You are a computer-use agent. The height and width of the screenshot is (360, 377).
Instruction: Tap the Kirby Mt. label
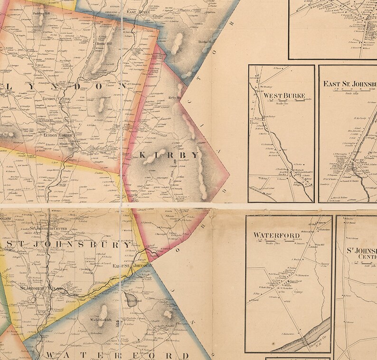[175, 98]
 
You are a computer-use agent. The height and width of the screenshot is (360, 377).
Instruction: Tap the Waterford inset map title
[276, 235]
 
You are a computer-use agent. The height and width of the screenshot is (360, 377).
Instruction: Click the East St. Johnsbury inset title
[349, 84]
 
